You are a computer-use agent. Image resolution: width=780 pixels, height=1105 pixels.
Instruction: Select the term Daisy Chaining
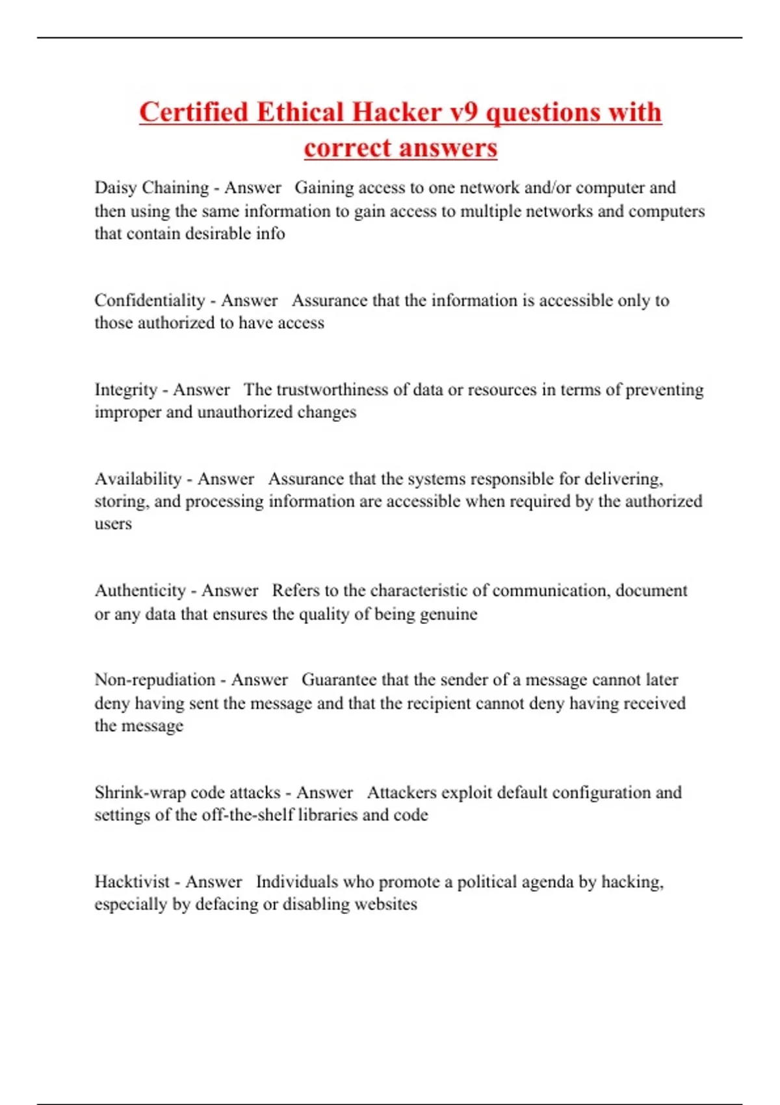click(151, 188)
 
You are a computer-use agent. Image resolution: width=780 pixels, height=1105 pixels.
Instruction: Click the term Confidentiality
click(149, 300)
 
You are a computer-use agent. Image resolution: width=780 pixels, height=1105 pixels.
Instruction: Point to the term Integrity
click(126, 390)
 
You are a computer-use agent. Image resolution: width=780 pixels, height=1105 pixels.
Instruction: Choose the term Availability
click(138, 479)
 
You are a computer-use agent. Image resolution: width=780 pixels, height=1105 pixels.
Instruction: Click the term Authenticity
click(140, 591)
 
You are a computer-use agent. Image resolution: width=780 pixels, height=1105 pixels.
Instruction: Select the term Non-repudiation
click(155, 680)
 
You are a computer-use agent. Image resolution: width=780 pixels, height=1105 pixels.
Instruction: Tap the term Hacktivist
click(132, 882)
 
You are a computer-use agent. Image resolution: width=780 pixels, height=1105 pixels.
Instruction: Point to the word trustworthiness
click(332, 390)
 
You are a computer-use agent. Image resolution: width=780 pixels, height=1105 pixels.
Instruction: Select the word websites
click(386, 904)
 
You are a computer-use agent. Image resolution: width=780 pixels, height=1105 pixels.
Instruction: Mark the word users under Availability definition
click(113, 524)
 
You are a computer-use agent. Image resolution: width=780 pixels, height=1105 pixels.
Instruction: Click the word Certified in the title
click(194, 112)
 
